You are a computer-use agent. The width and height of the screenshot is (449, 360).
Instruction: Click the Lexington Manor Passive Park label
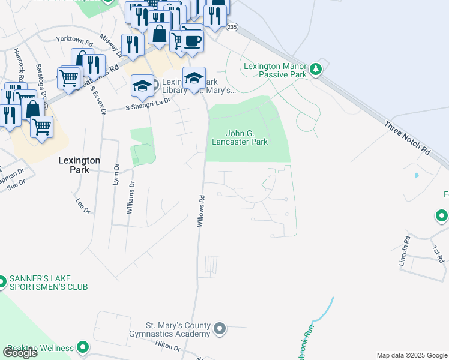pyautogui.click(x=274, y=70)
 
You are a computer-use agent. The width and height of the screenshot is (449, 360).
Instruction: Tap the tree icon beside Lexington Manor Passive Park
pyautogui.click(x=317, y=70)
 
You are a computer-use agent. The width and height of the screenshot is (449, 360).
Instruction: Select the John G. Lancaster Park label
pyautogui.click(x=240, y=137)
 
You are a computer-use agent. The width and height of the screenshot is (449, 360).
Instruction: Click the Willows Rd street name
pyautogui.click(x=202, y=211)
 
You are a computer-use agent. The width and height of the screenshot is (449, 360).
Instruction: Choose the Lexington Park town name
pyautogui.click(x=79, y=165)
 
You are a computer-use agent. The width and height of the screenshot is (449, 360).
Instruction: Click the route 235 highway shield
pyautogui.click(x=232, y=26)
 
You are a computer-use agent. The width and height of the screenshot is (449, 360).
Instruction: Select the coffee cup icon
pyautogui.click(x=193, y=41)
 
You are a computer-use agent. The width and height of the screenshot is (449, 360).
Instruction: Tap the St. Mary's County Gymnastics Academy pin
pyautogui.click(x=220, y=328)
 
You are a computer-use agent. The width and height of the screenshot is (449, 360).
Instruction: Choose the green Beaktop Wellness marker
pyautogui.click(x=83, y=347)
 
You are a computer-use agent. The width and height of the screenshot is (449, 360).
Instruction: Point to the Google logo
pyautogui.click(x=20, y=353)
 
